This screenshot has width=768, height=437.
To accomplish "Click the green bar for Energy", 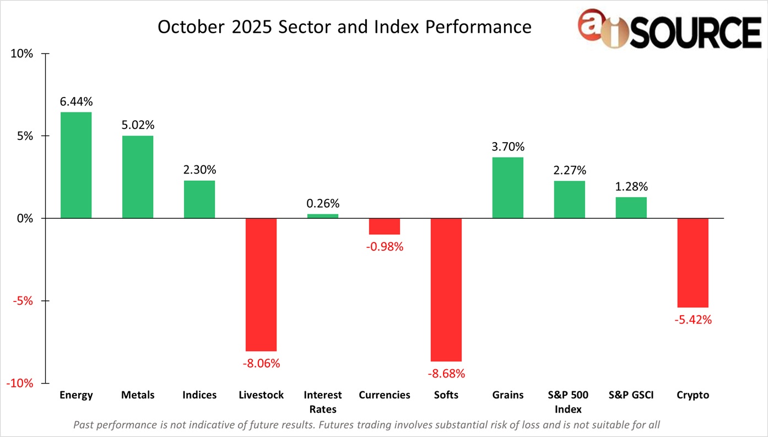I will coord(76,165).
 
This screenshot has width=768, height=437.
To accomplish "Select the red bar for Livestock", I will coord(261,284).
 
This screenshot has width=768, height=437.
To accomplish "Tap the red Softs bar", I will coord(446,289).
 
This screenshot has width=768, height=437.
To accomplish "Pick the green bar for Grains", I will coord(508,188).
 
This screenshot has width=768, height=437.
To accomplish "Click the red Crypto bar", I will coord(693,263).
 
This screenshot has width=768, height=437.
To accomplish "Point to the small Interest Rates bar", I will coord(323,216).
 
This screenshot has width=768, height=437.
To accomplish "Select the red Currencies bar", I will coord(385,226).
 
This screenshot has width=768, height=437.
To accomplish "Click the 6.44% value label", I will coord(76,101).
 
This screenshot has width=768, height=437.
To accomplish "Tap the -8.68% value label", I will coord(446,373).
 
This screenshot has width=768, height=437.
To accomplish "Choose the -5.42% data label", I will coord(693,320).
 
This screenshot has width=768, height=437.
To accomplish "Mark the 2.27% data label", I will coord(570,170).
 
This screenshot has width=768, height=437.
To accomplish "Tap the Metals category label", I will coord(138,395).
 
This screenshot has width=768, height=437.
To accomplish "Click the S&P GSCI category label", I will coord(631,395).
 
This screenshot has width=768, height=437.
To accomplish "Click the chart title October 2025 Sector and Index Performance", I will coord(344,27).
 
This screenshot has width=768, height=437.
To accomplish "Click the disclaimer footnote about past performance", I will coord(366,425).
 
